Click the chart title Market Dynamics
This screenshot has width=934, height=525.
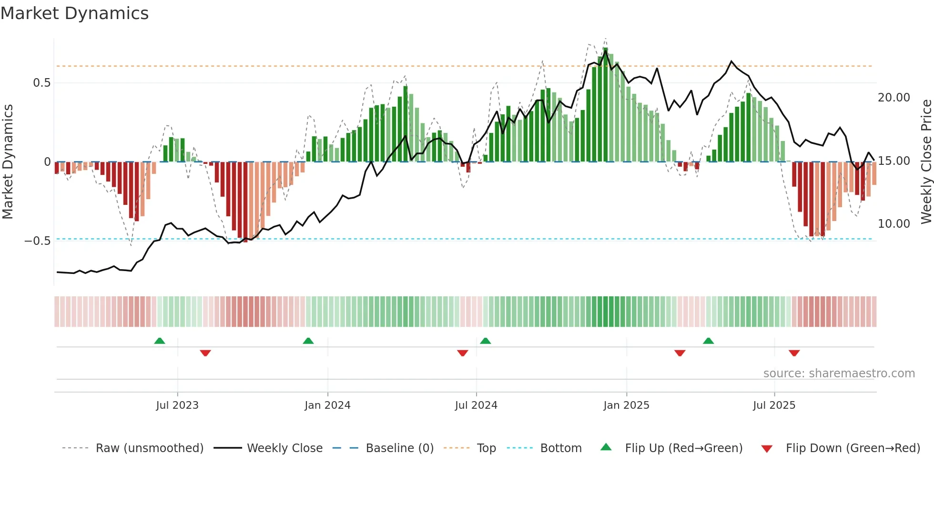pyautogui.click(x=74, y=13)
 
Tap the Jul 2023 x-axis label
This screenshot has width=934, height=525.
pyautogui.click(x=177, y=405)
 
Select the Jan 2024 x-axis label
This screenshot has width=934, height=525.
pyautogui.click(x=327, y=405)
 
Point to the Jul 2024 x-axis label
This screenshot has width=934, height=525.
pyautogui.click(x=476, y=405)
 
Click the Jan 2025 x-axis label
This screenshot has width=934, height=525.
pyautogui.click(x=626, y=405)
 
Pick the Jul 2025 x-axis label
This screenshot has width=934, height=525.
pyautogui.click(x=774, y=405)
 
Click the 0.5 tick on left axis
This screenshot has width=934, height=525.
pyautogui.click(x=41, y=83)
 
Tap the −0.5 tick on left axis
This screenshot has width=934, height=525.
pyautogui.click(x=38, y=241)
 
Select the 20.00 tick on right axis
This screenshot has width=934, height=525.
pyautogui.click(x=893, y=98)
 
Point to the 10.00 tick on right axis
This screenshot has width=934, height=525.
pyautogui.click(x=893, y=224)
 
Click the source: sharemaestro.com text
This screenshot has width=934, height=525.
pyautogui.click(x=839, y=374)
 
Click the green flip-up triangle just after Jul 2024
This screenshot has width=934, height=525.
pyautogui.click(x=485, y=341)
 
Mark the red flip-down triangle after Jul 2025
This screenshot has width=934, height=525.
pyautogui.click(x=794, y=353)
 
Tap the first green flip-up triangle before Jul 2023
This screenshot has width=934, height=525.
pyautogui.click(x=160, y=341)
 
